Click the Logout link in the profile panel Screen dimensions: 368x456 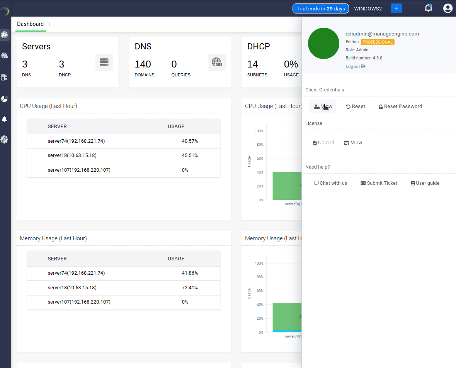click(x=355, y=66)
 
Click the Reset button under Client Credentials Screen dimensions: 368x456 click(x=356, y=106)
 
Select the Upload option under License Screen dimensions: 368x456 click(x=323, y=143)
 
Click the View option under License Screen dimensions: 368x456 click(x=353, y=143)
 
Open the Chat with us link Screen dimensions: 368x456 click(x=330, y=183)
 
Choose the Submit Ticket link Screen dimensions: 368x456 click(x=379, y=183)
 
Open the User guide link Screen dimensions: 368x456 click(x=425, y=183)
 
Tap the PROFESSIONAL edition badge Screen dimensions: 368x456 click(x=378, y=42)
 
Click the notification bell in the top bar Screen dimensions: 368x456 click(x=428, y=8)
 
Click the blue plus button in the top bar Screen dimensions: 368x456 click(x=396, y=8)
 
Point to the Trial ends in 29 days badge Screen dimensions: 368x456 click(x=321, y=8)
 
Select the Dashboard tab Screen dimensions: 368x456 click(x=31, y=24)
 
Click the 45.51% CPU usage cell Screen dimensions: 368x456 click(x=190, y=155)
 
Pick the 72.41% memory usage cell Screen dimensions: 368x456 click(x=190, y=288)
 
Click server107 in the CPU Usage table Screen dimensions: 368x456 click(x=79, y=170)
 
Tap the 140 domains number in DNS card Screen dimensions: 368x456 click(x=143, y=64)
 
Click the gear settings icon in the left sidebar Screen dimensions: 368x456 click(x=5, y=139)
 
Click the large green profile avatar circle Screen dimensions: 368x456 click(x=323, y=43)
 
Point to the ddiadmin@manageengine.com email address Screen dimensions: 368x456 click(x=382, y=34)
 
